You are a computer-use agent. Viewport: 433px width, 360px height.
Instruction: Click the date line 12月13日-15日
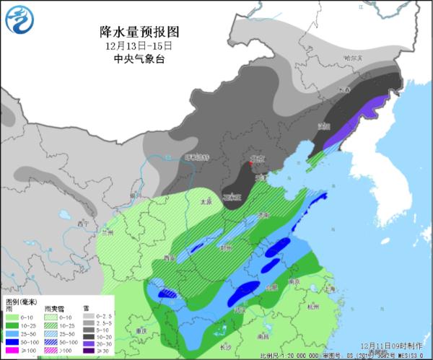coord(137,45)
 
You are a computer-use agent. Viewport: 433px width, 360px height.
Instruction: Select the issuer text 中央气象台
coord(137,59)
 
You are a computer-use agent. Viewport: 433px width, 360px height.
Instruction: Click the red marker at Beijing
coord(250,164)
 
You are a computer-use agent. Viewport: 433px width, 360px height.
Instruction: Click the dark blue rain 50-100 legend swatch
coord(12,341)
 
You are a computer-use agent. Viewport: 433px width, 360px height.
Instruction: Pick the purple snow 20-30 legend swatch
coord(87,341)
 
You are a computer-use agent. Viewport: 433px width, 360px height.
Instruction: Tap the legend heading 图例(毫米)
coord(19,300)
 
